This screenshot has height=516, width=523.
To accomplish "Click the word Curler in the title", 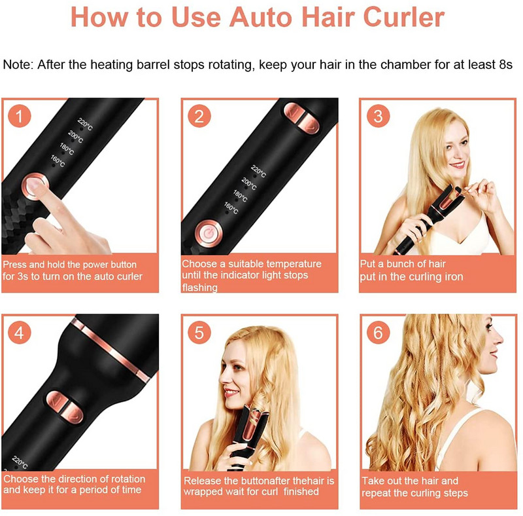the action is pyautogui.click(x=404, y=17).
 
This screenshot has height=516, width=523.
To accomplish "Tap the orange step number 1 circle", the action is pyautogui.click(x=20, y=116).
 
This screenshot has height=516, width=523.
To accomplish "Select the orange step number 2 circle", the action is pyautogui.click(x=199, y=116).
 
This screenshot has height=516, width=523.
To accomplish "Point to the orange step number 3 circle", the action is pyautogui.click(x=379, y=116).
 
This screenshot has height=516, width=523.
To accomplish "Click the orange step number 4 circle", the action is pyautogui.click(x=20, y=333).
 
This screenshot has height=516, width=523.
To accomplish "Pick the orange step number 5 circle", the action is pyautogui.click(x=199, y=333).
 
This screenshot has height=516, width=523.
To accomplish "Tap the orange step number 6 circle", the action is pyautogui.click(x=379, y=333).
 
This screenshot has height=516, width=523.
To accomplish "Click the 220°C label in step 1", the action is pyautogui.click(x=85, y=124).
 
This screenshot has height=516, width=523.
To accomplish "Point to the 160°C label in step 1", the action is pyautogui.click(x=58, y=160).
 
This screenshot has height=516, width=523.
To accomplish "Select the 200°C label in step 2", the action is pyautogui.click(x=249, y=183).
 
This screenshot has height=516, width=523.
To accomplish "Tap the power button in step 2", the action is pyautogui.click(x=208, y=234).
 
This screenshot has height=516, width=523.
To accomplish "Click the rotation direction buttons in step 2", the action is pyautogui.click(x=301, y=119).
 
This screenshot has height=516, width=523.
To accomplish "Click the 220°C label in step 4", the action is pyautogui.click(x=20, y=462).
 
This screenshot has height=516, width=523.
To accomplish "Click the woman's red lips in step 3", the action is pyautogui.click(x=457, y=164).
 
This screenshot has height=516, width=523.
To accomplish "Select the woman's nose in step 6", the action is pyautogui.click(x=499, y=339).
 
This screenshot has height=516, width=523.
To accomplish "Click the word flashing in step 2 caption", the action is pyautogui.click(x=200, y=287).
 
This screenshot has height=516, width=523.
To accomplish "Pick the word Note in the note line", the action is pyautogui.click(x=18, y=64).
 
